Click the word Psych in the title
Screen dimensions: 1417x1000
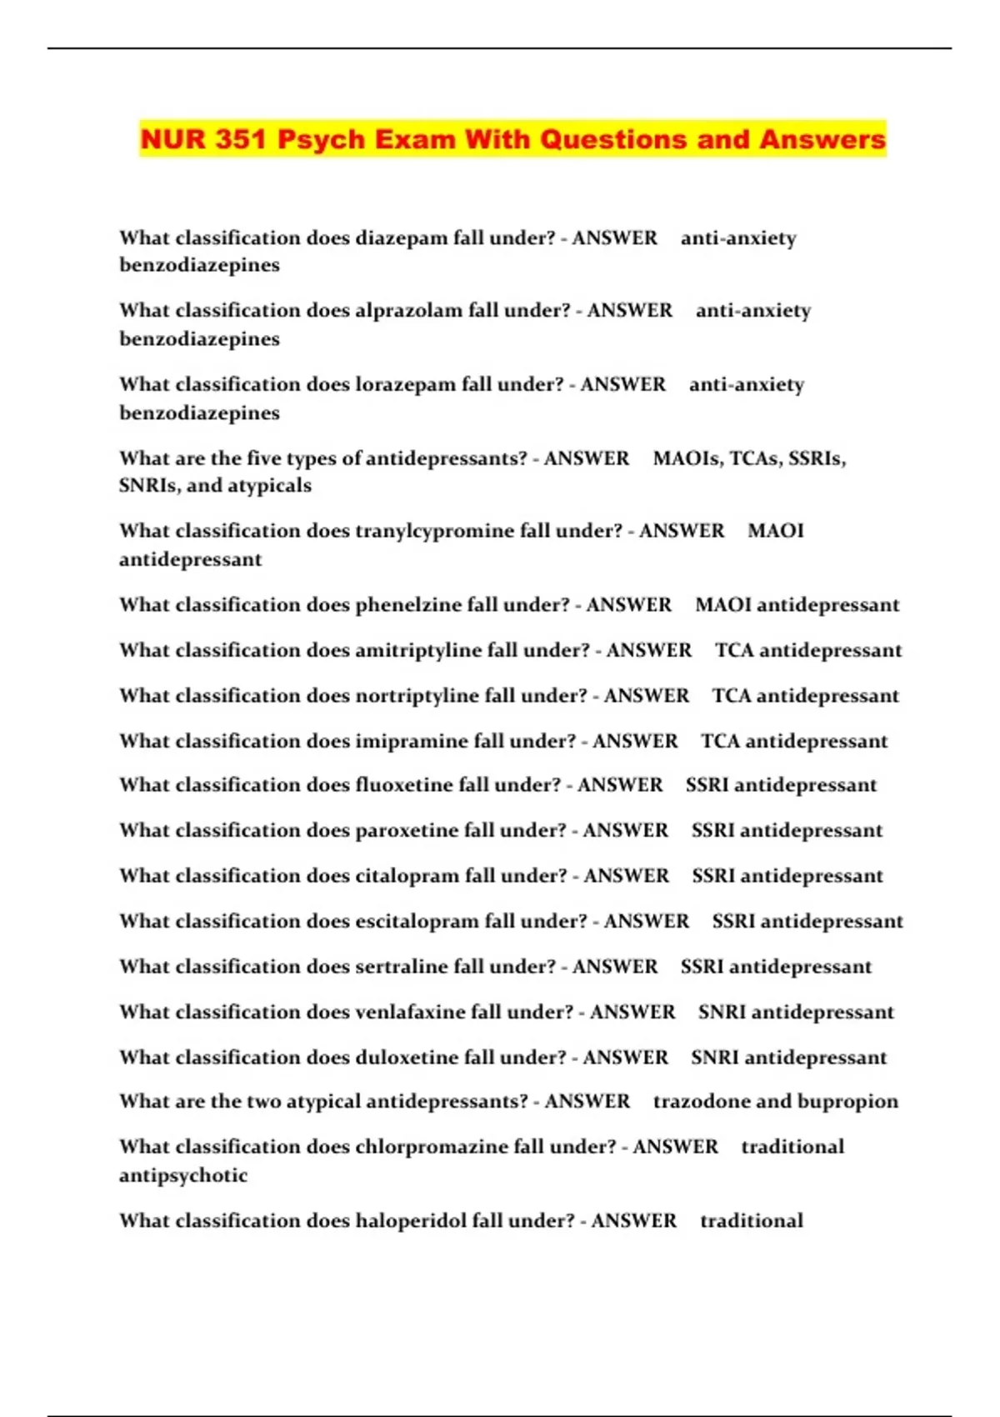321,139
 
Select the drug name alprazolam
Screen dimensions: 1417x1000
408,311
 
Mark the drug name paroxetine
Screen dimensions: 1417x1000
406,831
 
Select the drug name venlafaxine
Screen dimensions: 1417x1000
409,1012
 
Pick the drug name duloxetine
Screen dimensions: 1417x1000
406,1058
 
